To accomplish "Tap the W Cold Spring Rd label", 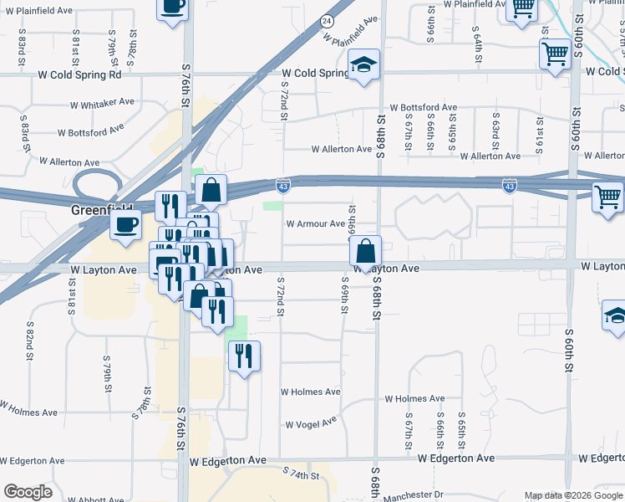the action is click(79, 74).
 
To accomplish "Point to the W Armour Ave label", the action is click(315, 224).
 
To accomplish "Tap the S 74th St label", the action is click(301, 474).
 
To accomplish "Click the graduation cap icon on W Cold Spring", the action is click(363, 65).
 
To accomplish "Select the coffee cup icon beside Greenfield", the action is click(126, 224).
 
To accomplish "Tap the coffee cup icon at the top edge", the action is click(172, 7).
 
